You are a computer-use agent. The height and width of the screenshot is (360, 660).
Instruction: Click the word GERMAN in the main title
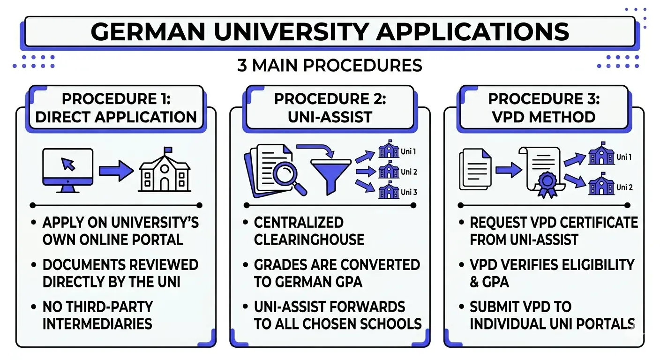pyautogui.click(x=145, y=31)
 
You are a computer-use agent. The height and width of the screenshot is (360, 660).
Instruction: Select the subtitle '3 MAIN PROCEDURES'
pyautogui.click(x=330, y=65)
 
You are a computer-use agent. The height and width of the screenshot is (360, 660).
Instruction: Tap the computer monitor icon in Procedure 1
pyautogui.click(x=67, y=170)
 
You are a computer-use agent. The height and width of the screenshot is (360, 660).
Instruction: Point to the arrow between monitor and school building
pyautogui.click(x=116, y=170)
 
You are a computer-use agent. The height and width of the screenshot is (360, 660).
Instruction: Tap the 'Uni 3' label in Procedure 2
pyautogui.click(x=409, y=192)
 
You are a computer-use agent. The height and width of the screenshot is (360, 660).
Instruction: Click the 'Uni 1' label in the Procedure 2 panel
pyautogui.click(x=408, y=152)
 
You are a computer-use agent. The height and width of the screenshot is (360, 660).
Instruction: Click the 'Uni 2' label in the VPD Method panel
pyautogui.click(x=624, y=187)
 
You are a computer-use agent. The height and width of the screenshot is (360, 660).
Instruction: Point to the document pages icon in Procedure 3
pyautogui.click(x=475, y=169)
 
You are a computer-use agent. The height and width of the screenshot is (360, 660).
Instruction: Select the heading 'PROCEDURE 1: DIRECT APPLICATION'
pyautogui.click(x=116, y=108)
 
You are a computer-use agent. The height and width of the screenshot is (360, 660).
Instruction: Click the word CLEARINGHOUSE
pyautogui.click(x=309, y=240)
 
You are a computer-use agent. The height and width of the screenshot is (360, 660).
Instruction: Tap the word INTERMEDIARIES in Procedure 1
pyautogui.click(x=97, y=323)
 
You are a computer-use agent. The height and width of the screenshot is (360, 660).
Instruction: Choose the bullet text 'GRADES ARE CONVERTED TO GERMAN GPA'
pyautogui.click(x=336, y=273)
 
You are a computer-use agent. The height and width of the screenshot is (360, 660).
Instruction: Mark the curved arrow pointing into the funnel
pyautogui.click(x=316, y=151)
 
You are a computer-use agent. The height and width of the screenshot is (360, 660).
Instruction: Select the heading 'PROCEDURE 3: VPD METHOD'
pyautogui.click(x=544, y=107)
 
